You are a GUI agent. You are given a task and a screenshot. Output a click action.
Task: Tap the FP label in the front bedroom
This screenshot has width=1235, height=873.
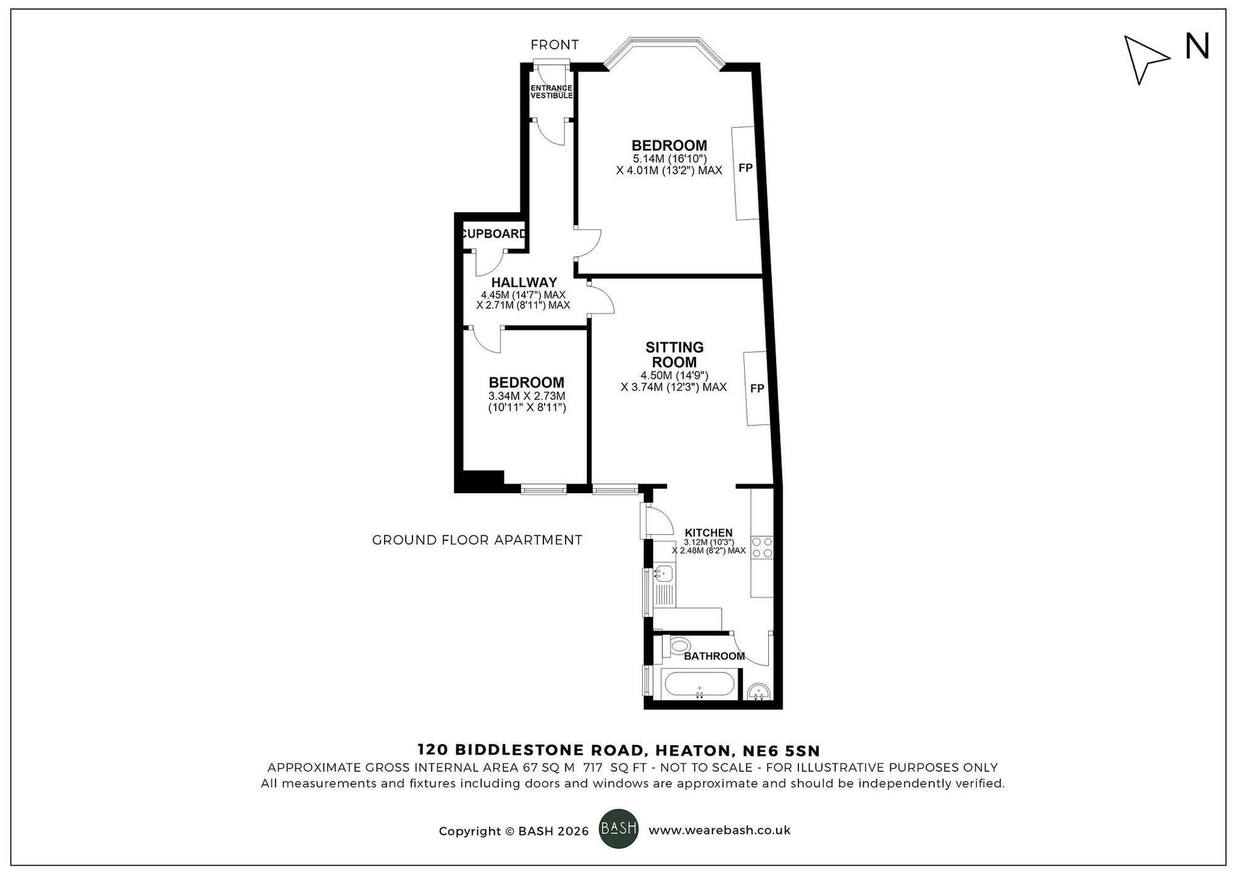[x=745, y=167]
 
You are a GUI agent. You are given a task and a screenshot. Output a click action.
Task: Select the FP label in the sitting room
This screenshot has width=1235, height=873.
[x=757, y=388]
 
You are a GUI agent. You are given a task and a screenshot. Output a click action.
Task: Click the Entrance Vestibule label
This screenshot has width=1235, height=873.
[x=551, y=92]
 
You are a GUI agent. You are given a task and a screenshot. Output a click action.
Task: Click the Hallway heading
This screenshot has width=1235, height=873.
[x=524, y=282]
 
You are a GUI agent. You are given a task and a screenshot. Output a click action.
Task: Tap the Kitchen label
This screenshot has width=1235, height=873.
[x=708, y=533]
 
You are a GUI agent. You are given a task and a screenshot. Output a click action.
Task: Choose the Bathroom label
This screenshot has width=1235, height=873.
[x=714, y=656]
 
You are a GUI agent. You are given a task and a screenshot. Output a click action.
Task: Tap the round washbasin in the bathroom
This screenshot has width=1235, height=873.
[x=758, y=691]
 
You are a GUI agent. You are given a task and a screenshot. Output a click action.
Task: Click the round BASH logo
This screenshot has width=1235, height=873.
[x=619, y=829]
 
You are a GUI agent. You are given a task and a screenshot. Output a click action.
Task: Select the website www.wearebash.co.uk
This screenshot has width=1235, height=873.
[x=719, y=830]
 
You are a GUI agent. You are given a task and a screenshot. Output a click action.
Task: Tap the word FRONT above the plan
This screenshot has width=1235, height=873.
[x=555, y=44]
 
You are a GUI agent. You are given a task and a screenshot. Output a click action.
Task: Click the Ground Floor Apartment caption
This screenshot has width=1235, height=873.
[x=477, y=540]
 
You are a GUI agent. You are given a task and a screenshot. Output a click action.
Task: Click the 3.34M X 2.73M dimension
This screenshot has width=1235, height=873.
[x=527, y=396]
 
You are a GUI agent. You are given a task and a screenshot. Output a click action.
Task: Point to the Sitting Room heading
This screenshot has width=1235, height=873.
[x=674, y=355]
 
